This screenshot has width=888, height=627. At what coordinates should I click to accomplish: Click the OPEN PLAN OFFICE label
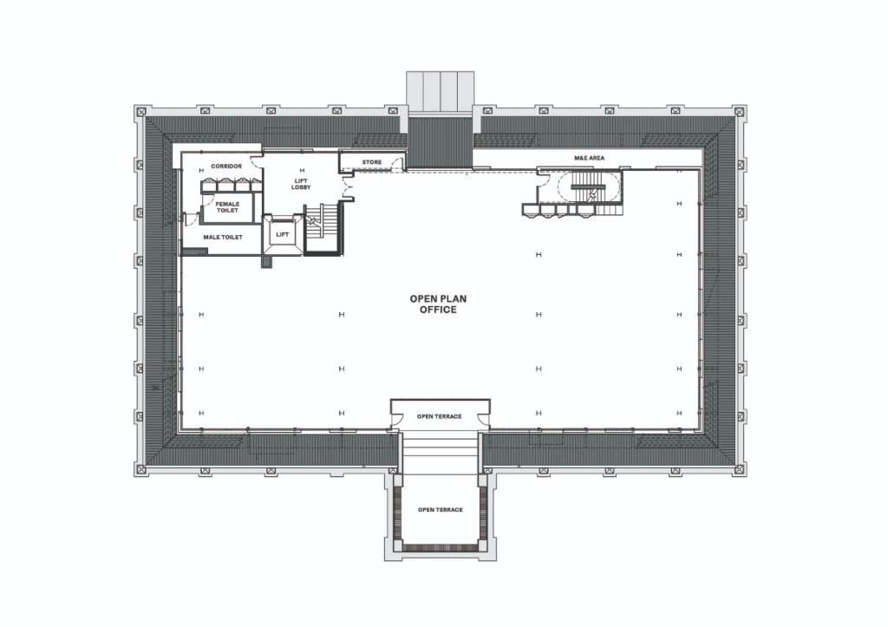pyautogui.click(x=438, y=304)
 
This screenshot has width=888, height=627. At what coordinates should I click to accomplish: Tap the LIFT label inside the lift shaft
pyautogui.click(x=282, y=234)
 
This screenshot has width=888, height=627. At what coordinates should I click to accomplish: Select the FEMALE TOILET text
pyautogui.click(x=227, y=206)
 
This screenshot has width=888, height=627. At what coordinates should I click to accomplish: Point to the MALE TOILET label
pyautogui.click(x=222, y=237)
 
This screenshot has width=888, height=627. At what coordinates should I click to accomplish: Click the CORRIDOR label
pyautogui.click(x=225, y=166)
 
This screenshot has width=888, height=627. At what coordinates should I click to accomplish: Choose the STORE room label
pyautogui.click(x=371, y=162)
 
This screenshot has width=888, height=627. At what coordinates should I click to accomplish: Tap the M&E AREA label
pyautogui.click(x=589, y=158)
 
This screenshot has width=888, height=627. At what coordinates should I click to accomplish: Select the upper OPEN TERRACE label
pyautogui.click(x=439, y=416)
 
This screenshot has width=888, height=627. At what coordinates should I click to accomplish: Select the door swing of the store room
pyautogui.click(x=398, y=161)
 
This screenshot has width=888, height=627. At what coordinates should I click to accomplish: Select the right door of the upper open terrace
pyautogui.click(x=484, y=422)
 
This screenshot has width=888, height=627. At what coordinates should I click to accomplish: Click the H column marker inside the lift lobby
pyautogui.click(x=302, y=170)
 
